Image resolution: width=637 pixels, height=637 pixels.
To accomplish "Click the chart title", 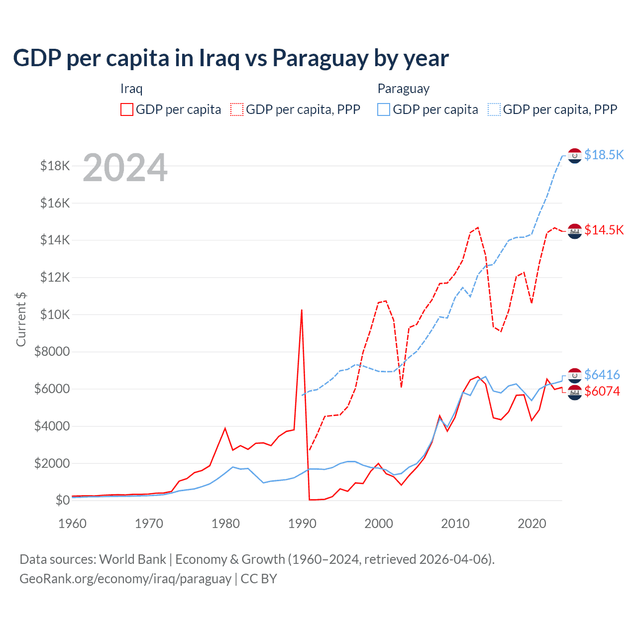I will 231,58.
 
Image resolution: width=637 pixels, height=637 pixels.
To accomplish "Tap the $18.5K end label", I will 604,155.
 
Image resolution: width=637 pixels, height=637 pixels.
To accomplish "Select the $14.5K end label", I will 604,230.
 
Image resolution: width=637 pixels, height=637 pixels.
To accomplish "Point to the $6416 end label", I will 602,374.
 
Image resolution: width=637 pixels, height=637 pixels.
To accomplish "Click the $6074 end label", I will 602,391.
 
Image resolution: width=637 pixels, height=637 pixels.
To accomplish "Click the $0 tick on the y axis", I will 63,500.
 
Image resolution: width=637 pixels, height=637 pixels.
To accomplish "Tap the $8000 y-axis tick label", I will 52,352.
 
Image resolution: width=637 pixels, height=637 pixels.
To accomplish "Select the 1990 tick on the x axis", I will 302,524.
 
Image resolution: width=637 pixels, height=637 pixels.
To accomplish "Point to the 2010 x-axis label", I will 455,524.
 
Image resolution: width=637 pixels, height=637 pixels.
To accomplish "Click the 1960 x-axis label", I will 73,524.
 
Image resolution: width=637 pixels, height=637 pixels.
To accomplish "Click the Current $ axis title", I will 21,319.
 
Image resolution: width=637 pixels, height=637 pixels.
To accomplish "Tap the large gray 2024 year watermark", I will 125,168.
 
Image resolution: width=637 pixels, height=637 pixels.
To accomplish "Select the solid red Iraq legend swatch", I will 127,109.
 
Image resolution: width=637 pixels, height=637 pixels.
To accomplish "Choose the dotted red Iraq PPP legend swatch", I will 237,109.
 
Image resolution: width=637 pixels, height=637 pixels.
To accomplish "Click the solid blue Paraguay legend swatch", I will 384,109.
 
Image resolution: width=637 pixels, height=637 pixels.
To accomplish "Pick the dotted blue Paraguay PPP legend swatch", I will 494,109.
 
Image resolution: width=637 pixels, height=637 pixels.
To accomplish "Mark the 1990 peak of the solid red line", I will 302,310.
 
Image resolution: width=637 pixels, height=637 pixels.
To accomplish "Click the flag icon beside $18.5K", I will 575,156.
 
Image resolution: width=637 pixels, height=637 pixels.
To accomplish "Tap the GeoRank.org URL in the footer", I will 125,579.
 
